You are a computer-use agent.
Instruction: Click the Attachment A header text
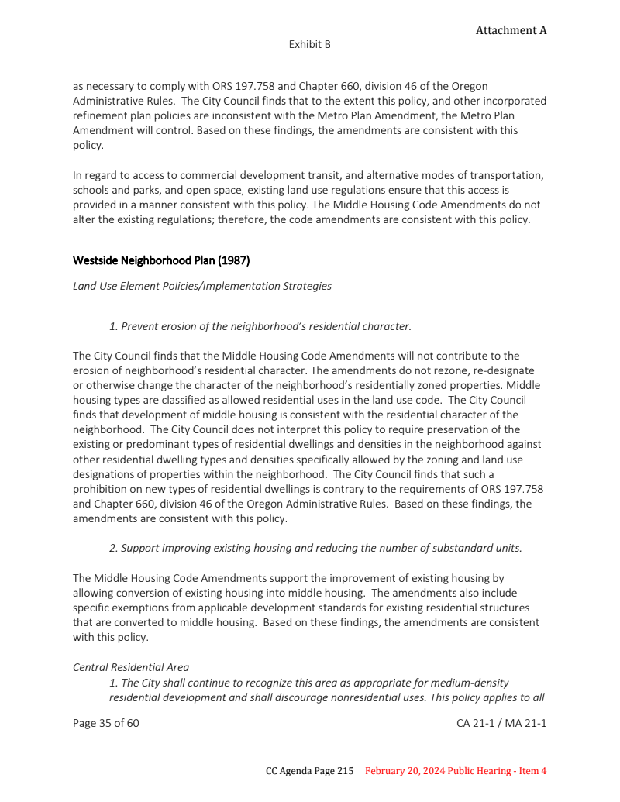[511, 30]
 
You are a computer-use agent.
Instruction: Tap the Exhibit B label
[310, 45]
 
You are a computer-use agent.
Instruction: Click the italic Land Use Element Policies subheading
[201, 286]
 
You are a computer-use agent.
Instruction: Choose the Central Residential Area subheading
[131, 667]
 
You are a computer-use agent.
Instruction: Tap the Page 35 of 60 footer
[106, 724]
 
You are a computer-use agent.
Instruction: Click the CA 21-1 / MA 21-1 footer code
[501, 724]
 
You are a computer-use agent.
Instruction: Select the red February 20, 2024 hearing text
[456, 771]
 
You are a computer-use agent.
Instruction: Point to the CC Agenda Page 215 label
[309, 771]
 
